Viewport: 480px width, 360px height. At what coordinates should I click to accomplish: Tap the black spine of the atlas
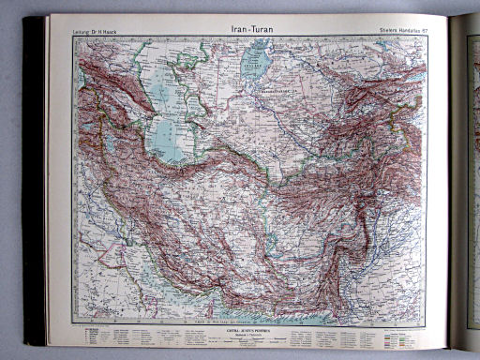click(x=34, y=178)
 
